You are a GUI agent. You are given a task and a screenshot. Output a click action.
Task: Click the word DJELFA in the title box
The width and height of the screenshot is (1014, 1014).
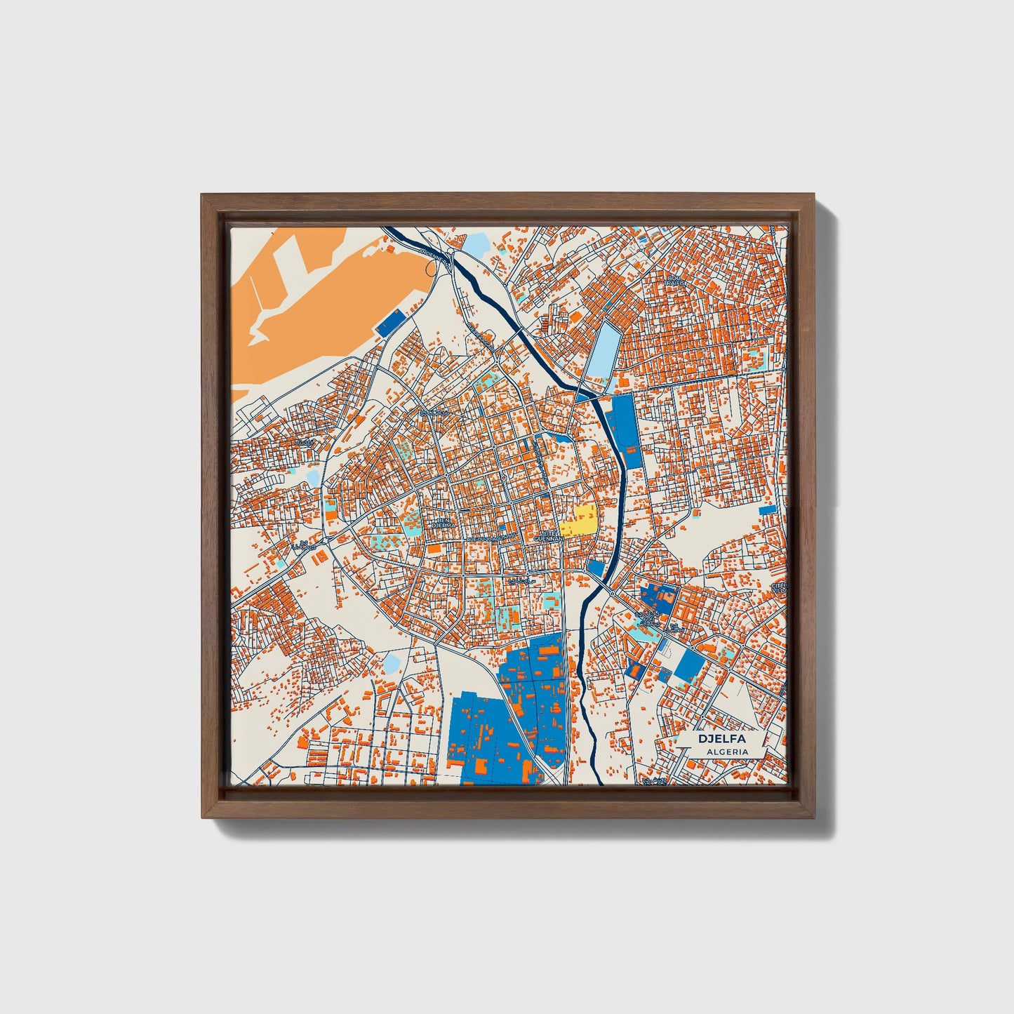tap(721, 739)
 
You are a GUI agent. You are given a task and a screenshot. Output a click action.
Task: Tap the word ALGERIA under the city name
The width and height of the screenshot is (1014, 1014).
tap(728, 752)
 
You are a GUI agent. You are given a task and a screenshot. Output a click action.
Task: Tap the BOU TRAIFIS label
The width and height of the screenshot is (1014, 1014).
tap(675, 280)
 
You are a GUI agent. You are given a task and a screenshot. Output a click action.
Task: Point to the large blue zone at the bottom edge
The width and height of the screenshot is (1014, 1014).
tap(491, 737)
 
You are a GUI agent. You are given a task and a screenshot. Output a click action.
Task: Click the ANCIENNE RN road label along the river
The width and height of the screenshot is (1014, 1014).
tap(434, 255)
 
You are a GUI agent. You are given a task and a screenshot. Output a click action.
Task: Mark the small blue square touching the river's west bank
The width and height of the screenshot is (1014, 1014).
tap(596, 567)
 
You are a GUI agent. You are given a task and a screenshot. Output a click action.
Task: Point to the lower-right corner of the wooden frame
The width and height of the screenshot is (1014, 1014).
tap(815, 818)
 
